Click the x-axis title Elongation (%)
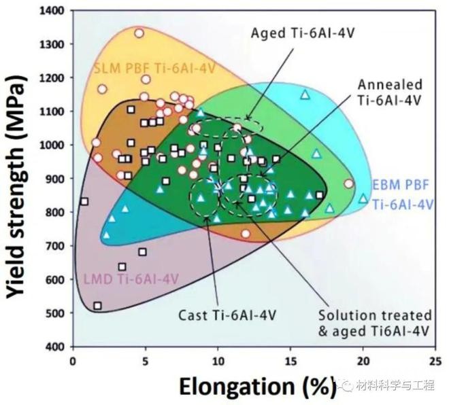click(x=256, y=385)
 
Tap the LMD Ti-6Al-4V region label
click(x=131, y=279)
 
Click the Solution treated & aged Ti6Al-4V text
click(x=375, y=323)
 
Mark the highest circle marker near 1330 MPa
click(x=139, y=33)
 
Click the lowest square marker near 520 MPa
click(x=98, y=306)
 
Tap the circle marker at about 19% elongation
click(x=349, y=183)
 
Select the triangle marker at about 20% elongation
click(x=363, y=198)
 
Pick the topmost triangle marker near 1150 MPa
click(x=305, y=94)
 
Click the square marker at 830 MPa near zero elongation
click(x=84, y=201)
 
